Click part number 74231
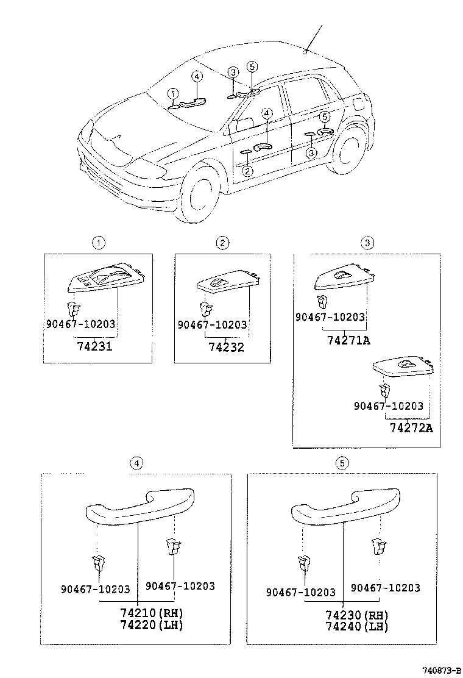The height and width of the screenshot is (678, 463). (96, 346)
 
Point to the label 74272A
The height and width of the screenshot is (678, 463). (411, 427)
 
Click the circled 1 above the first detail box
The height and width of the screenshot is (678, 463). (97, 243)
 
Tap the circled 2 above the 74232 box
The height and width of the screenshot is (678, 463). (222, 243)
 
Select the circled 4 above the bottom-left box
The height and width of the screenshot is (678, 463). (138, 463)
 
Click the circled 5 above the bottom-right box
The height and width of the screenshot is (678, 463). (342, 463)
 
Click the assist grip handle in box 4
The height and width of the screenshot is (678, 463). (139, 505)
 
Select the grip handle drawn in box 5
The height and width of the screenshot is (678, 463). (345, 505)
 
